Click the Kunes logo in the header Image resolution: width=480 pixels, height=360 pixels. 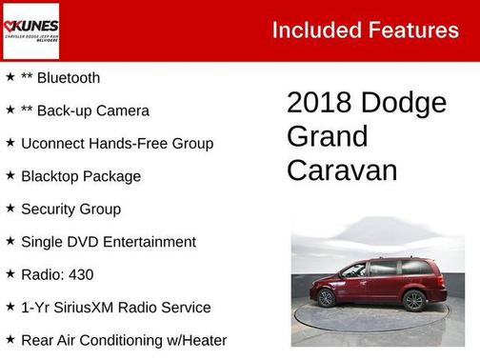pyautogui.click(x=30, y=30)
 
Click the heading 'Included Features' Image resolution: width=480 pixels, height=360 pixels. pyautogui.click(x=365, y=30)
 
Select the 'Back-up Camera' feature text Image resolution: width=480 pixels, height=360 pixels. pyautogui.click(x=92, y=110)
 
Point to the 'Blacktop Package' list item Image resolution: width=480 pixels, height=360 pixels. pyautogui.click(x=80, y=176)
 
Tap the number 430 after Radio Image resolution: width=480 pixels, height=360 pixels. pyautogui.click(x=80, y=274)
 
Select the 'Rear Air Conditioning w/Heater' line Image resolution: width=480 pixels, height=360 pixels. pyautogui.click(x=123, y=340)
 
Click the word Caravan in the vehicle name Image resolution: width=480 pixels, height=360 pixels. pyautogui.click(x=342, y=170)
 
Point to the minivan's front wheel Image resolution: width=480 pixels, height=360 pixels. pyautogui.click(x=326, y=298)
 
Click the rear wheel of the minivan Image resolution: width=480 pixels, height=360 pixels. pyautogui.click(x=413, y=301)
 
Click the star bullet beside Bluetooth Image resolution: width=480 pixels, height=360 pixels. pyautogui.click(x=10, y=77)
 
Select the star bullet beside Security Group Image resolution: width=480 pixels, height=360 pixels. pyautogui.click(x=10, y=208)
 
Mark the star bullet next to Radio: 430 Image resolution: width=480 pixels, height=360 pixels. pyautogui.click(x=10, y=273)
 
